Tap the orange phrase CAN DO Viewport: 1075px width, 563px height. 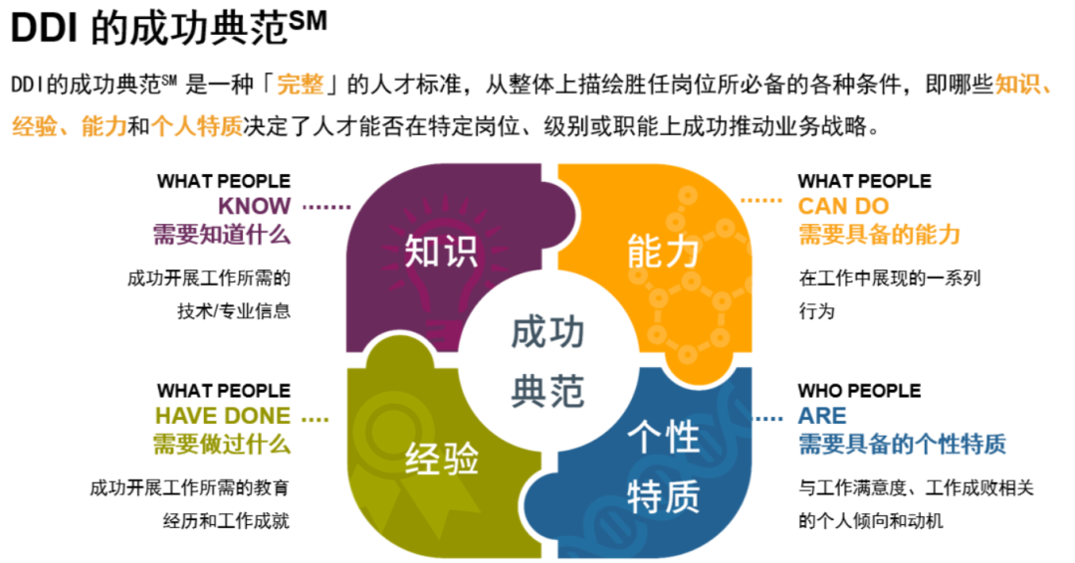point(843,207)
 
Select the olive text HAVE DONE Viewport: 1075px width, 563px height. point(223,416)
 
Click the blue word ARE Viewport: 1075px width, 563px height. point(822,416)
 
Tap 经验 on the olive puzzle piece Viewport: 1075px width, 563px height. point(442,460)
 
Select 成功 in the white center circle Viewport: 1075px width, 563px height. point(547,332)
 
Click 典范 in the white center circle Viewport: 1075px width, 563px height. point(547,390)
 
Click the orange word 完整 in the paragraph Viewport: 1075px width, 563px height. point(300,85)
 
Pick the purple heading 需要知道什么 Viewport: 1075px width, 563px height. point(222,235)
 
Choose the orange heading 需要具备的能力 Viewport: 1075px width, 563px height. point(879,235)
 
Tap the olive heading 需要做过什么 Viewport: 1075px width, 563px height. point(222,444)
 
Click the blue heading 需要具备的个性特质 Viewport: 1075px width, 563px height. point(902,444)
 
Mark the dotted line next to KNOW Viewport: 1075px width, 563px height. point(326,207)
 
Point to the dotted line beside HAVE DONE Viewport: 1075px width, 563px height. point(315,419)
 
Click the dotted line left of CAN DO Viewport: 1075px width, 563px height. point(761,200)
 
